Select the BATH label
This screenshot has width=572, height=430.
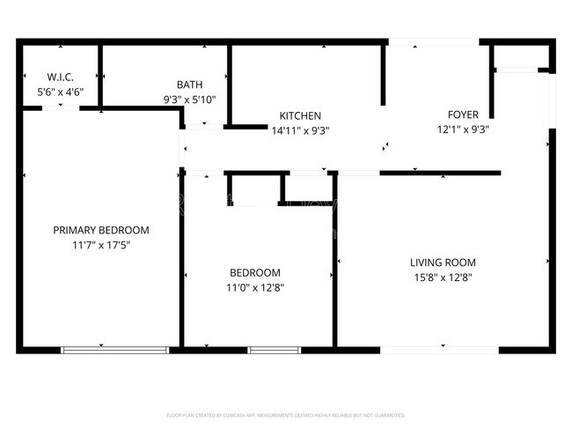click(189, 85)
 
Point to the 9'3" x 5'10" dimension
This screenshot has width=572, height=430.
click(189, 100)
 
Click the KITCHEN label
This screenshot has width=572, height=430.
click(300, 115)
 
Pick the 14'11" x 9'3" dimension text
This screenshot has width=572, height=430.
click(300, 130)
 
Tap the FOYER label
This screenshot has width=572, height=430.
click(463, 115)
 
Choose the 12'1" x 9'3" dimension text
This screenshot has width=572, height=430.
click(463, 129)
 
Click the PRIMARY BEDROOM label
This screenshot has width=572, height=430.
click(101, 230)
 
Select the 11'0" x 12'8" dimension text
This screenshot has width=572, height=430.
click(255, 287)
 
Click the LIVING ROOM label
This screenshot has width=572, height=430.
click(443, 262)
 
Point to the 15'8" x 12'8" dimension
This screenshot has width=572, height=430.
click(443, 277)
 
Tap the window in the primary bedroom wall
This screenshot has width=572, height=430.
click(114, 350)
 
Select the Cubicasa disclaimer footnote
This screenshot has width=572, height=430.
click(286, 414)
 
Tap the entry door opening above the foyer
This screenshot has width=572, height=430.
click(433, 41)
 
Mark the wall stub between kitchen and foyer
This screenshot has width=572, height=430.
click(384, 76)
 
